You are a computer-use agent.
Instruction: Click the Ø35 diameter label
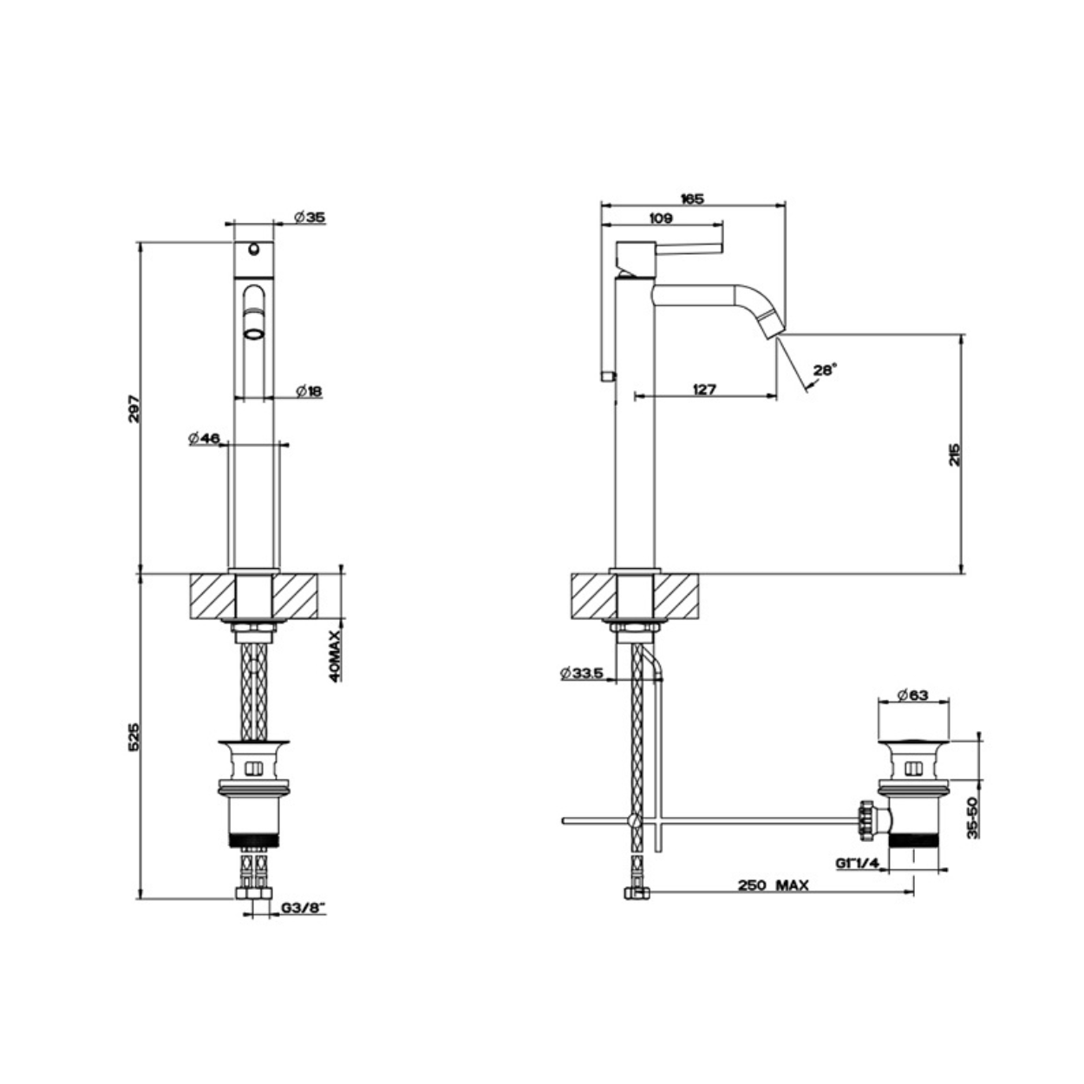click(x=310, y=218)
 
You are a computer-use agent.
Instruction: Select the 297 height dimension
click(x=134, y=409)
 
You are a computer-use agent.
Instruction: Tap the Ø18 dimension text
click(x=310, y=390)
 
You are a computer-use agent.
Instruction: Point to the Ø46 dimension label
click(x=204, y=438)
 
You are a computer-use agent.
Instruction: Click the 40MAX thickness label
click(x=336, y=656)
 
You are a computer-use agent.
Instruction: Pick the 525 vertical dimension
click(x=134, y=737)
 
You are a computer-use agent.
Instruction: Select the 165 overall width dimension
click(x=692, y=199)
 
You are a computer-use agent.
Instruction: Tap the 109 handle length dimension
click(x=661, y=219)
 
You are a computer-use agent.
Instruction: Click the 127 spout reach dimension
click(x=704, y=389)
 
